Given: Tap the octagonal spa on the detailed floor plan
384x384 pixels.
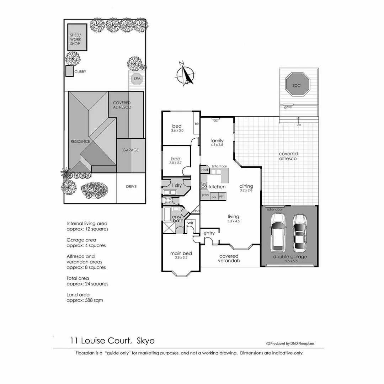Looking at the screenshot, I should click(298, 85).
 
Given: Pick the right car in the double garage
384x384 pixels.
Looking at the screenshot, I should click(299, 231).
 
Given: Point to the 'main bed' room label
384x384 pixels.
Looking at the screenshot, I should click(181, 254).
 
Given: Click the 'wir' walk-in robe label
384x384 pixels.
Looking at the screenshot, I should click(191, 223).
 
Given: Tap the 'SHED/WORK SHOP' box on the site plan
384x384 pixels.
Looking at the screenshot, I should click(77, 37).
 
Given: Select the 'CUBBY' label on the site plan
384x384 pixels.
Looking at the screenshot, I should click(80, 72).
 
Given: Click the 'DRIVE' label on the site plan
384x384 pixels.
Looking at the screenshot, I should click(131, 187).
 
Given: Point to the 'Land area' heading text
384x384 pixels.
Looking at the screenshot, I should click(78, 295).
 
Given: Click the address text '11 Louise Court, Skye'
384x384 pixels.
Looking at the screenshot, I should click(112, 341).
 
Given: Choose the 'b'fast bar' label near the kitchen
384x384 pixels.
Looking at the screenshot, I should click(219, 166).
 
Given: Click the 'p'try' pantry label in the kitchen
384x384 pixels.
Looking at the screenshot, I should click(205, 196).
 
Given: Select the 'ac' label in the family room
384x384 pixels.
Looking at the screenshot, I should click(215, 121).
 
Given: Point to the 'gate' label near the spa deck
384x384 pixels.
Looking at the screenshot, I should click(288, 107).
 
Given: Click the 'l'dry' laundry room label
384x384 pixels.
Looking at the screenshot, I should click(177, 185).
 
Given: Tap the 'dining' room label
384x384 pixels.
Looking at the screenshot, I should click(246, 186).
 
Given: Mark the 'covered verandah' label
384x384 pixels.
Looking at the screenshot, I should click(229, 258).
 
